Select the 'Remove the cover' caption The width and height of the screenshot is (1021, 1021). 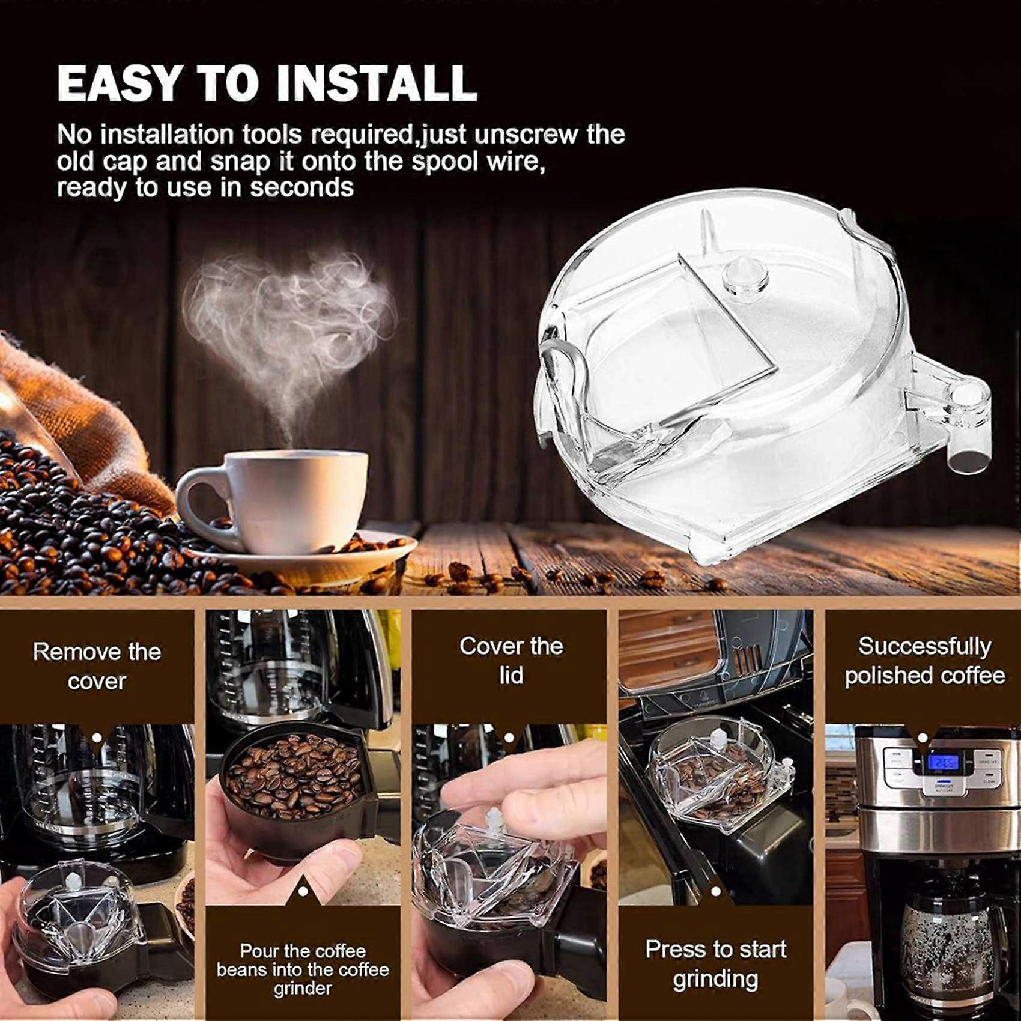point(97,666)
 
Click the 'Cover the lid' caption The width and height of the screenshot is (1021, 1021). point(511,661)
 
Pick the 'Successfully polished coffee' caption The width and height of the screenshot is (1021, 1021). point(925,661)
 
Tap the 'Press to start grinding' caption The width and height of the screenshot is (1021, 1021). point(715,964)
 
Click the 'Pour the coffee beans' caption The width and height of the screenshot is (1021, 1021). point(303,969)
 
